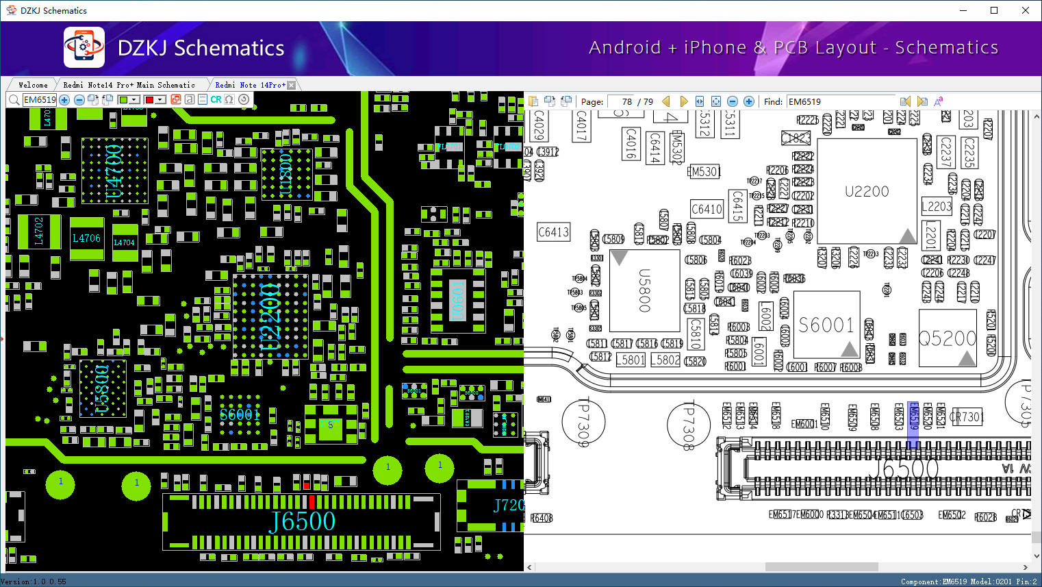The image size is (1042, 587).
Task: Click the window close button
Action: pos(1025,10)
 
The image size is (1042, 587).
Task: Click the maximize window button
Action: pos(994,10)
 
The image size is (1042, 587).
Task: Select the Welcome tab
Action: pos(33,85)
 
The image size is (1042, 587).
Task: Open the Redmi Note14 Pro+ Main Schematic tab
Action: pos(129,85)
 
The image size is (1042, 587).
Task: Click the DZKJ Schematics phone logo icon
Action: pos(84,47)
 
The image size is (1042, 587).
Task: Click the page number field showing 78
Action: pos(622,101)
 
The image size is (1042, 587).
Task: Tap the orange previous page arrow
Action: pos(665,101)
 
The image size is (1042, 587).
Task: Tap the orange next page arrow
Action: pos(683,101)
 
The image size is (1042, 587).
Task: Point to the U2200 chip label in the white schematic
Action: pos(867,191)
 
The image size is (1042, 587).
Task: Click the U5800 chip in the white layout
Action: pos(644,290)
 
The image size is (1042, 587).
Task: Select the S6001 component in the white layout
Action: pos(826,325)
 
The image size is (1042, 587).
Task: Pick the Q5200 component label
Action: pos(947,338)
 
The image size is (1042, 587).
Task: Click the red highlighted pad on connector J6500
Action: pos(312,501)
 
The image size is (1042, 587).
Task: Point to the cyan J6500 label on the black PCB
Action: pos(303,522)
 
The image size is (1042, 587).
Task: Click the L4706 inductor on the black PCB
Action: pos(87,238)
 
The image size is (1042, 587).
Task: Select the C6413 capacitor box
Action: pos(553,232)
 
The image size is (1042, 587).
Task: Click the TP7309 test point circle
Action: pos(583,421)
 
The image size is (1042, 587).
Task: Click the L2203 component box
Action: pos(937,206)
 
